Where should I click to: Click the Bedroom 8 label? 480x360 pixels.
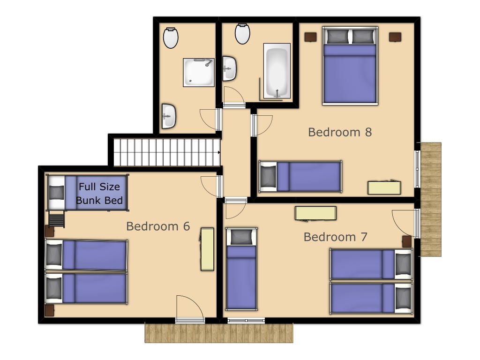(x=340, y=132)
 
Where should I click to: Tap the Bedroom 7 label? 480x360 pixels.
(x=335, y=237)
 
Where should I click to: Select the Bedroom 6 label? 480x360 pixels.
(x=158, y=226)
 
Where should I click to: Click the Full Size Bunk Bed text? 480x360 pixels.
(x=99, y=193)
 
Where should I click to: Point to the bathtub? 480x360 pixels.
(x=277, y=71)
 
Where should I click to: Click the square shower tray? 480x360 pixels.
(x=199, y=73)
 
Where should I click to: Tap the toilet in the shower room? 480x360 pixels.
(x=171, y=37)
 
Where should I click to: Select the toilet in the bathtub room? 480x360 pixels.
(x=242, y=33)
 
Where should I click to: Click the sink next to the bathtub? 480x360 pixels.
(x=229, y=68)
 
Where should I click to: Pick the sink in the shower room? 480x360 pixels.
(x=169, y=116)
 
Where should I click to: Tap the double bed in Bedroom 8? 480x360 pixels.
(x=350, y=66)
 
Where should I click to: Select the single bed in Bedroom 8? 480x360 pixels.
(x=300, y=177)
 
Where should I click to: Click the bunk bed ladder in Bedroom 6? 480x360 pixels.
(x=57, y=219)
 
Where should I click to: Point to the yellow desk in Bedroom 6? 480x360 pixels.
(x=207, y=249)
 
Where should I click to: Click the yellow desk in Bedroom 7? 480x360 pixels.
(x=315, y=213)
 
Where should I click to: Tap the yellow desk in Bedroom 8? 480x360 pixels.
(x=384, y=188)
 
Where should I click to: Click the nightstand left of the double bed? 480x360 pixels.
(x=310, y=37)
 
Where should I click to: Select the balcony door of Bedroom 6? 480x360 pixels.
(x=190, y=320)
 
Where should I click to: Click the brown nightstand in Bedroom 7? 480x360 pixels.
(x=407, y=241)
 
